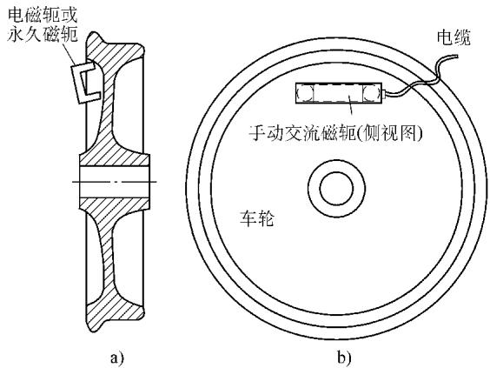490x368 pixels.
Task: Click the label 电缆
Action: (x=454, y=37)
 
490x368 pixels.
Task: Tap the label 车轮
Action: (x=257, y=218)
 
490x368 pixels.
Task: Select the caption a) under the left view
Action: (x=117, y=357)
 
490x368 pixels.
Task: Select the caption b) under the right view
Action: (x=344, y=357)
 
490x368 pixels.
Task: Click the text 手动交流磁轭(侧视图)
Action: (x=335, y=133)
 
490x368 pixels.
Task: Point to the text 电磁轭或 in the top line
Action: (x=43, y=15)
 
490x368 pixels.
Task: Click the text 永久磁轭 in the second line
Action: (x=43, y=33)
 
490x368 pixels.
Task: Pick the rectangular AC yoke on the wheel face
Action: (x=339, y=93)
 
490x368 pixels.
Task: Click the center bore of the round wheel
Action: (x=336, y=189)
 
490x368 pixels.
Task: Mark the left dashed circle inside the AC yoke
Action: (x=304, y=93)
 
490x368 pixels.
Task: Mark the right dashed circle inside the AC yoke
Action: (x=372, y=93)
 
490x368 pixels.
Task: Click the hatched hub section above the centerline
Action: (x=115, y=158)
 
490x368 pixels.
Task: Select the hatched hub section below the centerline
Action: (x=115, y=205)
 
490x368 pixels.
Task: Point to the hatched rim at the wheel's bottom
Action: (x=115, y=313)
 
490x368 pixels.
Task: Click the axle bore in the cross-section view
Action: (x=115, y=182)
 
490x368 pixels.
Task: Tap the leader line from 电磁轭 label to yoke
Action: (x=69, y=54)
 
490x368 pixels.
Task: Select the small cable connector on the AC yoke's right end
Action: (x=384, y=93)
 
